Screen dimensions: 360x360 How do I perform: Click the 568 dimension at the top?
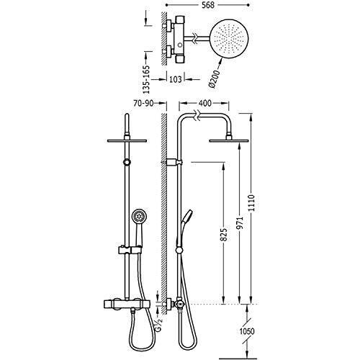tap(208, 5)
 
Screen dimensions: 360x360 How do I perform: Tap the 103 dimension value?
tap(176, 79)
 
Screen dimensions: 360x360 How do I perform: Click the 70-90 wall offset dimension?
tap(143, 103)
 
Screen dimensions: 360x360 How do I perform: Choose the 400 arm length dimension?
tap(205, 103)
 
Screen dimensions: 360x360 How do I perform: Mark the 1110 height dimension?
tap(251, 203)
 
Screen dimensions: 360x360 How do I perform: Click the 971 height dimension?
tap(240, 222)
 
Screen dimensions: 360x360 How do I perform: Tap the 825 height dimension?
tap(224, 235)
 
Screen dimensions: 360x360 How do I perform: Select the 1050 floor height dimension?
tap(247, 331)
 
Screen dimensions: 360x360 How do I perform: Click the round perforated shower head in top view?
tap(229, 38)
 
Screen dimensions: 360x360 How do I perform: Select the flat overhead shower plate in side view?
tap(225, 141)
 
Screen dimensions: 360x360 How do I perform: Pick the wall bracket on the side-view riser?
tap(174, 163)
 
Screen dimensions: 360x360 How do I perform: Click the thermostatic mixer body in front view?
tap(127, 304)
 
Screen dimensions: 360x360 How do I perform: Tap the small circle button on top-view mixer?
tap(179, 45)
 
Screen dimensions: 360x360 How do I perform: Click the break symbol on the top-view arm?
tap(196, 38)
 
